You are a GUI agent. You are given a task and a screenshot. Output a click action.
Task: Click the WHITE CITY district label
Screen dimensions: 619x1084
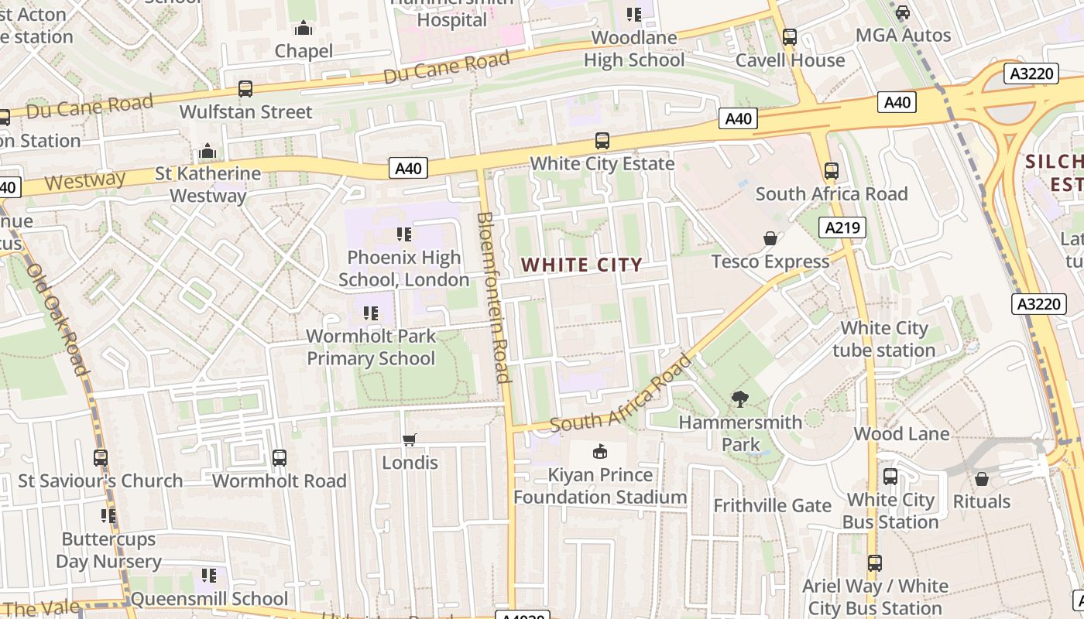(x=581, y=265)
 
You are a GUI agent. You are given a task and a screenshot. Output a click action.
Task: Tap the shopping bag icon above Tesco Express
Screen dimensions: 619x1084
(x=770, y=238)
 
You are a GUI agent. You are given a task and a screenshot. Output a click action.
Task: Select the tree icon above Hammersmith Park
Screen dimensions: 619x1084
(x=739, y=399)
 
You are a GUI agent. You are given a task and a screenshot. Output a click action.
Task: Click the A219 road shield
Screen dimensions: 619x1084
(x=842, y=227)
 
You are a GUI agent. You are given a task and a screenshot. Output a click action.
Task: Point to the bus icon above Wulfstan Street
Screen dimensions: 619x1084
(x=245, y=89)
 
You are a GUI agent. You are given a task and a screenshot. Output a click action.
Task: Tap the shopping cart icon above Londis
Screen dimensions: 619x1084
(x=410, y=439)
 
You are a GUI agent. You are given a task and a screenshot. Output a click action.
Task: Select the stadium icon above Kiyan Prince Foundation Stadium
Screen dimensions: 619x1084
(x=599, y=451)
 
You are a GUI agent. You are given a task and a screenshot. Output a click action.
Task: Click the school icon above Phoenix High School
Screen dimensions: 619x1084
(x=403, y=234)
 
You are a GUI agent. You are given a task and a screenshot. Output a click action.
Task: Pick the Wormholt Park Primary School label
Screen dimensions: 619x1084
(x=371, y=347)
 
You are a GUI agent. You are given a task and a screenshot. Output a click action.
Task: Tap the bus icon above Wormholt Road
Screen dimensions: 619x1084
(x=280, y=458)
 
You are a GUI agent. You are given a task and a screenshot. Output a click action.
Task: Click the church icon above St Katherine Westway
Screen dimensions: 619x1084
(x=208, y=151)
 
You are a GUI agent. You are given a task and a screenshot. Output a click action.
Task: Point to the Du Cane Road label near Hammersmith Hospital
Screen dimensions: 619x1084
(x=447, y=67)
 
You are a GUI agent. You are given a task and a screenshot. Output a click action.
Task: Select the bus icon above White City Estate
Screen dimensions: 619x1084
(x=602, y=141)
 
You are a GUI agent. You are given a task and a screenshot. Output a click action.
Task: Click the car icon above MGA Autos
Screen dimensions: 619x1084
(x=902, y=12)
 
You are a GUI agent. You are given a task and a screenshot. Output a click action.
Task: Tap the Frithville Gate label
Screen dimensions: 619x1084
(x=772, y=505)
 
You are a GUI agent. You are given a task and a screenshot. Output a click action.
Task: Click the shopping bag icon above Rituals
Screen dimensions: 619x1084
(x=981, y=479)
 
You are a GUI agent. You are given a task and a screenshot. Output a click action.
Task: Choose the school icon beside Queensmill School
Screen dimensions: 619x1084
(x=208, y=576)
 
